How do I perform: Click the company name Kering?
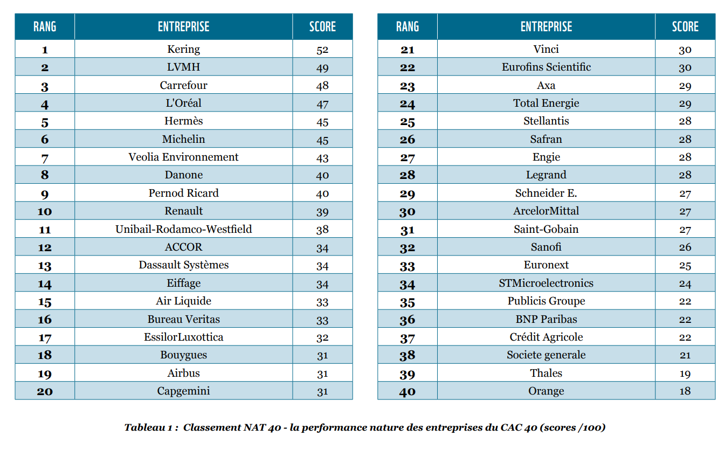tap(183, 49)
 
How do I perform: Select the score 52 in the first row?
tap(322, 50)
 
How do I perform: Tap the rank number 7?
tap(45, 157)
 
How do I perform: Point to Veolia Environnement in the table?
tap(183, 157)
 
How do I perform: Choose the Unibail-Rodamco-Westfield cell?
tap(183, 229)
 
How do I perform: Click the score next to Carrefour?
tap(322, 86)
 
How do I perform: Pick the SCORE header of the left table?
tap(322, 26)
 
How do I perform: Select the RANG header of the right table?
tap(408, 26)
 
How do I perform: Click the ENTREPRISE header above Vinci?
tap(546, 26)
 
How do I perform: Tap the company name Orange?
tap(546, 391)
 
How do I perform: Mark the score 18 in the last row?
tap(685, 391)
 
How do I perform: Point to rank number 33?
tap(408, 265)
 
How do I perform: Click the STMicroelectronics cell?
tap(546, 283)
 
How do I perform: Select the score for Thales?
tap(685, 373)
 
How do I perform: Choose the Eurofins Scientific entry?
tap(546, 67)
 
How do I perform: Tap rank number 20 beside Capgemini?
tap(45, 391)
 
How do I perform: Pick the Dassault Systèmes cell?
tap(183, 265)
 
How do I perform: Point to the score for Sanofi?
tap(685, 247)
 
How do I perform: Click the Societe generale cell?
tap(546, 355)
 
